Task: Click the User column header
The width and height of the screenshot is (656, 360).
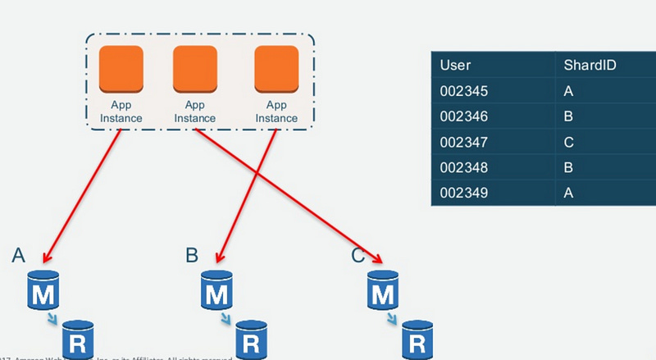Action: point(455,65)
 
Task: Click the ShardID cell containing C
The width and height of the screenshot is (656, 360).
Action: point(569,142)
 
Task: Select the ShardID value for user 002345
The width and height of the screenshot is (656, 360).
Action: point(569,91)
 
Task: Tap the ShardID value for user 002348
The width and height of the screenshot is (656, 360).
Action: point(569,167)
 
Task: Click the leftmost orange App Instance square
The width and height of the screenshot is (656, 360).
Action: point(121,70)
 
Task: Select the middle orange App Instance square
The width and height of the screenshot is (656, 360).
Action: point(195,70)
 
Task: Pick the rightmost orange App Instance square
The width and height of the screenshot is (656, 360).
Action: point(276,70)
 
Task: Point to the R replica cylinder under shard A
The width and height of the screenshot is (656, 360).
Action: point(80,339)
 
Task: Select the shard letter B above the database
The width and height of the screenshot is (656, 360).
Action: point(192,255)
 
